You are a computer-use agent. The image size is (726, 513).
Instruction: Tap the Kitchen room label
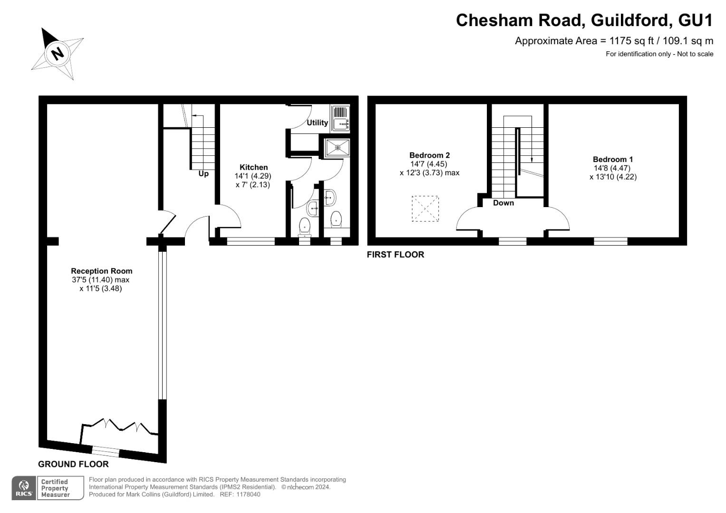[x=253, y=167]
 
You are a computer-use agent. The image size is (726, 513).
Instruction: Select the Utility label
[x=317, y=123]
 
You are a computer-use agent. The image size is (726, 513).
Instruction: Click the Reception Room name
[x=102, y=271]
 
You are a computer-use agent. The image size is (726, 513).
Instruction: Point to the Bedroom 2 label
[x=429, y=155]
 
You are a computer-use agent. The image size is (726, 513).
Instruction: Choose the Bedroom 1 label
[x=613, y=160]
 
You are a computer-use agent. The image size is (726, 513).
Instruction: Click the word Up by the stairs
[x=203, y=174]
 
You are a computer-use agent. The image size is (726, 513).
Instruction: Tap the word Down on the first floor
[x=503, y=203]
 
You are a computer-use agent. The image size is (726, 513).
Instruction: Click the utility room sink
[x=340, y=124]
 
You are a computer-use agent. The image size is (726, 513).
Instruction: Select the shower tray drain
[x=338, y=147]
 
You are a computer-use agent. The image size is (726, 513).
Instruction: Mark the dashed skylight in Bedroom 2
[x=425, y=208]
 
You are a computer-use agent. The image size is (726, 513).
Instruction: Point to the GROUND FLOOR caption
[x=73, y=464]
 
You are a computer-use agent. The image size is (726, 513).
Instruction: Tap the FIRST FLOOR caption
[x=395, y=255]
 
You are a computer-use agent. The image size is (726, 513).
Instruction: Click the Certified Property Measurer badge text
[x=55, y=488]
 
